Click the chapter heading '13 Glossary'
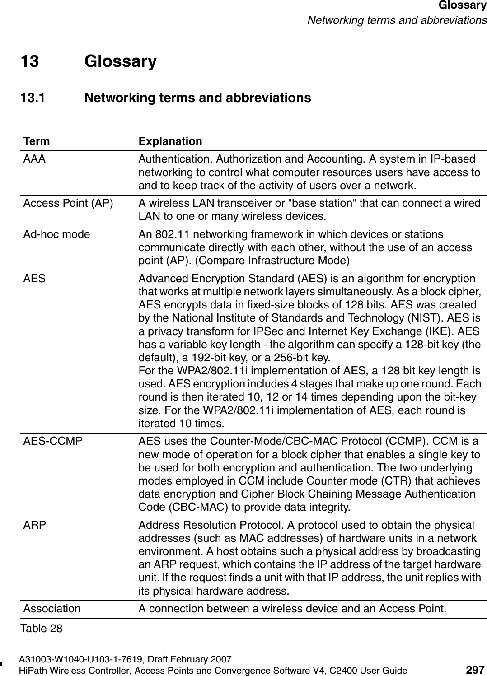tap(89, 61)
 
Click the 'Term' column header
tap(37, 141)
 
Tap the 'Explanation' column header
tap(170, 141)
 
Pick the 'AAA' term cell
tap(34, 159)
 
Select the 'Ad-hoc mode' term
tap(56, 234)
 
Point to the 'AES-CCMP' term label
tap(53, 441)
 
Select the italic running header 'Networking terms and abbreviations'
tap(397, 20)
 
